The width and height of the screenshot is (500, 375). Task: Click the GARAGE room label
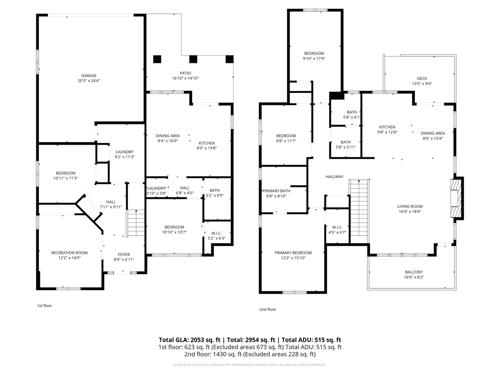tap(89, 75)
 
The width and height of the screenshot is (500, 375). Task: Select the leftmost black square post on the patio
tap(157, 59)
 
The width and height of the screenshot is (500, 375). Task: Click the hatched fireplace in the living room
tap(456, 198)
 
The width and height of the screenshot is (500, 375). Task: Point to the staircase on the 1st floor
tap(135, 224)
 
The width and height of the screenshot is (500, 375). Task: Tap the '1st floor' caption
tap(44, 305)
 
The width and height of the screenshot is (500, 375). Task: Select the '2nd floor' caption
tap(267, 309)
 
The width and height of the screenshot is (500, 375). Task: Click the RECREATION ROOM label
tap(69, 252)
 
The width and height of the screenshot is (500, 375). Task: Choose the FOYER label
tap(124, 254)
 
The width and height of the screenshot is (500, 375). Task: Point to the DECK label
tap(422, 78)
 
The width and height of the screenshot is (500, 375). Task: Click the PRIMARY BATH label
tap(277, 191)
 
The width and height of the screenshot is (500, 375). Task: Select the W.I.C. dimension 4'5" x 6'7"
tap(337, 232)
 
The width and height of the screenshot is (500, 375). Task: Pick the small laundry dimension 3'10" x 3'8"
tap(156, 193)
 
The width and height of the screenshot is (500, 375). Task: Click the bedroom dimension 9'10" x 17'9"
tap(314, 59)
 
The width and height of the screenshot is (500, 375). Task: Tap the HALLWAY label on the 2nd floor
tap(334, 177)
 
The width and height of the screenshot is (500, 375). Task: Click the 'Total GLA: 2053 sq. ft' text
tap(190, 340)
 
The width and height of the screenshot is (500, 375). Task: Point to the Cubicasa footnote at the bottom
tap(250, 365)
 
